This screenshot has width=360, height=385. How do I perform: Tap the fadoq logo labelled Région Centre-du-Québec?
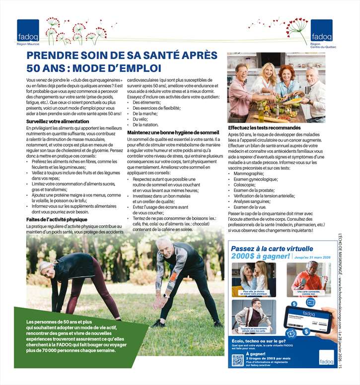point(322,31)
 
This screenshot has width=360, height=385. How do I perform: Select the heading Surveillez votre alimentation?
point(58,122)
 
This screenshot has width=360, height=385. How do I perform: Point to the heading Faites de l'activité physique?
point(57,219)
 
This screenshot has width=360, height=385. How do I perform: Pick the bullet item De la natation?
point(145,125)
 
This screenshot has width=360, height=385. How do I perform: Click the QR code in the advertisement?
point(237,360)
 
